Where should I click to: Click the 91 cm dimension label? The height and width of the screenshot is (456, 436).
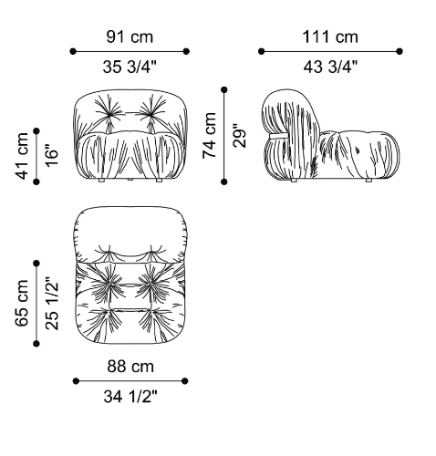pos(130,36)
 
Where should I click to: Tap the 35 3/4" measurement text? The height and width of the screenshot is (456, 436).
pos(130,67)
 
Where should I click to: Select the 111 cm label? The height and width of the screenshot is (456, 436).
pos(330,36)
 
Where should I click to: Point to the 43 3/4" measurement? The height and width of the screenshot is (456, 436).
pos(330,67)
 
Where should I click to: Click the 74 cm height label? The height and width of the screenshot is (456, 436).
pos(210,136)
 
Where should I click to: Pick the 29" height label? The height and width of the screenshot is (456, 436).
pos(239,136)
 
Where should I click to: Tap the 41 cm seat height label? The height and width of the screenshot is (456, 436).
pos(22,156)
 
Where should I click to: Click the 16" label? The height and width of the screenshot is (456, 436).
pos(52,157)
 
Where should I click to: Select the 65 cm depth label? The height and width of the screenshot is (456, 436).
pos(22,303)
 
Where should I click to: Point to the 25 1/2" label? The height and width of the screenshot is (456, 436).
pos(52,303)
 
